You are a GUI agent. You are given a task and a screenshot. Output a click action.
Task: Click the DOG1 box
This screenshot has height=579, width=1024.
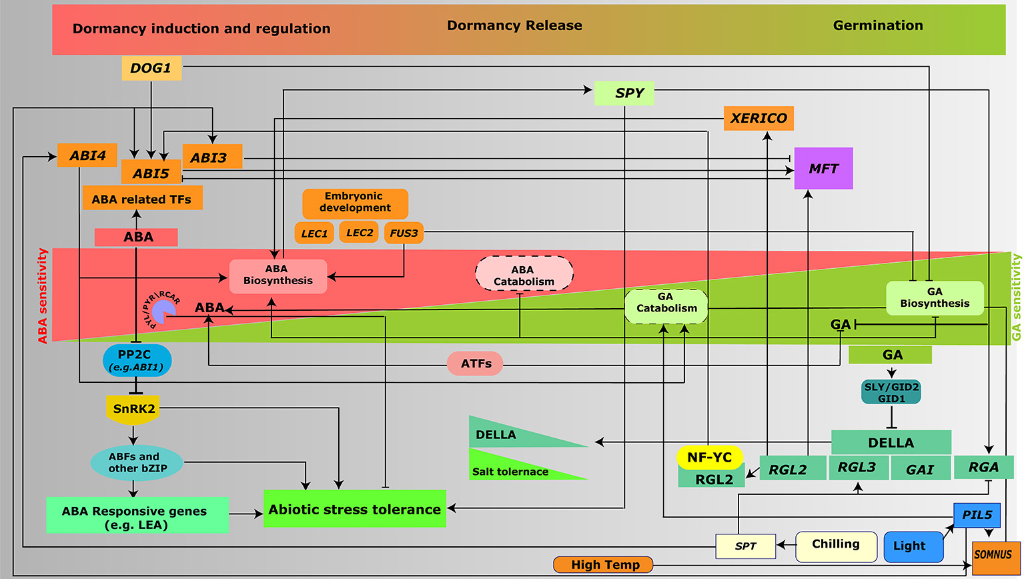pyautogui.click(x=151, y=68)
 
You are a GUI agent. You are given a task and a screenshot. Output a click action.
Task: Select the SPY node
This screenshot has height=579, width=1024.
pyautogui.click(x=624, y=93)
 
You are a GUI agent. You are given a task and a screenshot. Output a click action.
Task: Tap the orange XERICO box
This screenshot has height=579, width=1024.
pyautogui.click(x=758, y=118)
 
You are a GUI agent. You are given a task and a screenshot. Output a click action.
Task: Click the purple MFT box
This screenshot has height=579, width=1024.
pyautogui.click(x=823, y=169)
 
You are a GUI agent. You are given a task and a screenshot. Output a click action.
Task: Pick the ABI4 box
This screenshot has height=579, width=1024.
pyautogui.click(x=87, y=155)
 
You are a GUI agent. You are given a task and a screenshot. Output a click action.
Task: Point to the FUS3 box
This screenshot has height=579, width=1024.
pyautogui.click(x=404, y=233)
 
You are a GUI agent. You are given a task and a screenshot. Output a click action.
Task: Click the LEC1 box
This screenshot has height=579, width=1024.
pyautogui.click(x=314, y=233)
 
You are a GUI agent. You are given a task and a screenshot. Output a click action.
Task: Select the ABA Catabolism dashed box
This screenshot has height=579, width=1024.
pyautogui.click(x=524, y=275)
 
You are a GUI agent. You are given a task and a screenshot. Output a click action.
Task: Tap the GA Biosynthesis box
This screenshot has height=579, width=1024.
pyautogui.click(x=935, y=298)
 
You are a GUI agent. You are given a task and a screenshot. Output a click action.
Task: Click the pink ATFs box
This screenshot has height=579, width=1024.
pyautogui.click(x=476, y=364)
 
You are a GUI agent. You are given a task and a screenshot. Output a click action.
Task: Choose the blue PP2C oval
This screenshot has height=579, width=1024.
pyautogui.click(x=137, y=360)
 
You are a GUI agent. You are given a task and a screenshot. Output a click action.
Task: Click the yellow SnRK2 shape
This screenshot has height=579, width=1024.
pyautogui.click(x=133, y=409)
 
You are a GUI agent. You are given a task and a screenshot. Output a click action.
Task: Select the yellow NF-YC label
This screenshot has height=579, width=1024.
pyautogui.click(x=709, y=458)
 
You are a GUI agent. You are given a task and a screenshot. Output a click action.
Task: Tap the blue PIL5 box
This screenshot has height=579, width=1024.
pyautogui.click(x=977, y=515)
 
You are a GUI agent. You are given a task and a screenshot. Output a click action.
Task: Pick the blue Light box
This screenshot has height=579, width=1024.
pyautogui.click(x=913, y=546)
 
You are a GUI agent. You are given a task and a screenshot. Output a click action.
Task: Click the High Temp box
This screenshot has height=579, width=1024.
pyautogui.click(x=604, y=565)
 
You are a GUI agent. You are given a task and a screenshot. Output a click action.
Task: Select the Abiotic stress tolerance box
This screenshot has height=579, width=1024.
pyautogui.click(x=354, y=510)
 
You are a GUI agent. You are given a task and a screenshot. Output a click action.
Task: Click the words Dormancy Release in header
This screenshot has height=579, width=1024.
pyautogui.click(x=514, y=25)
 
